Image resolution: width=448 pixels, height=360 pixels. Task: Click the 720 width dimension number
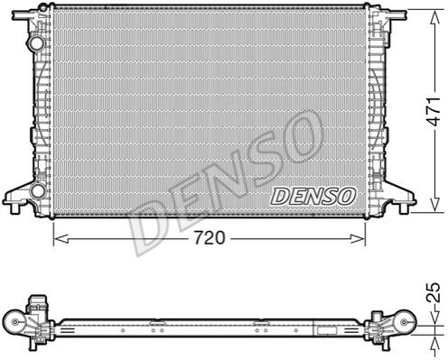210,238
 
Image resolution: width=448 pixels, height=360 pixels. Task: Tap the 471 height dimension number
435,111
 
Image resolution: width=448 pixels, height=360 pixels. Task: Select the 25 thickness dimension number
434,292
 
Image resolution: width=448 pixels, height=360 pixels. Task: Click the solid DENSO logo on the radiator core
313,197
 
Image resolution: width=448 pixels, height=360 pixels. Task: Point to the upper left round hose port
37,42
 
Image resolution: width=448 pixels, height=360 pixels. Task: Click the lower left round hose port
38,190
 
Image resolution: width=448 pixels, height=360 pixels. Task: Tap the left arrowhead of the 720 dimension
61,239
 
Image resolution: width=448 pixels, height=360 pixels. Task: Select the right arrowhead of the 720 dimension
358,239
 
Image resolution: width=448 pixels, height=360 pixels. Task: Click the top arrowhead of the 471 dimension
435,18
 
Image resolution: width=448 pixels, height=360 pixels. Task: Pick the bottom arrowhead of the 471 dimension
435,205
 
